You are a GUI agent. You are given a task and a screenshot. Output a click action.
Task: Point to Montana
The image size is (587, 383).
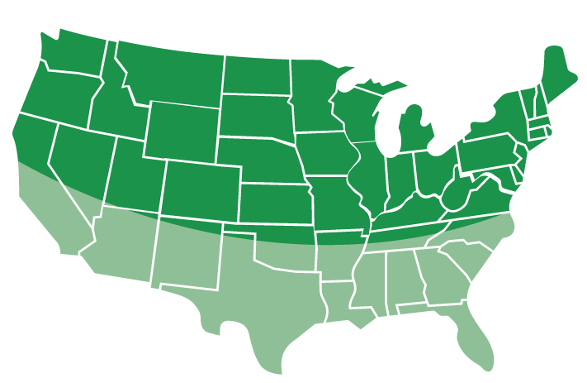(169, 70)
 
